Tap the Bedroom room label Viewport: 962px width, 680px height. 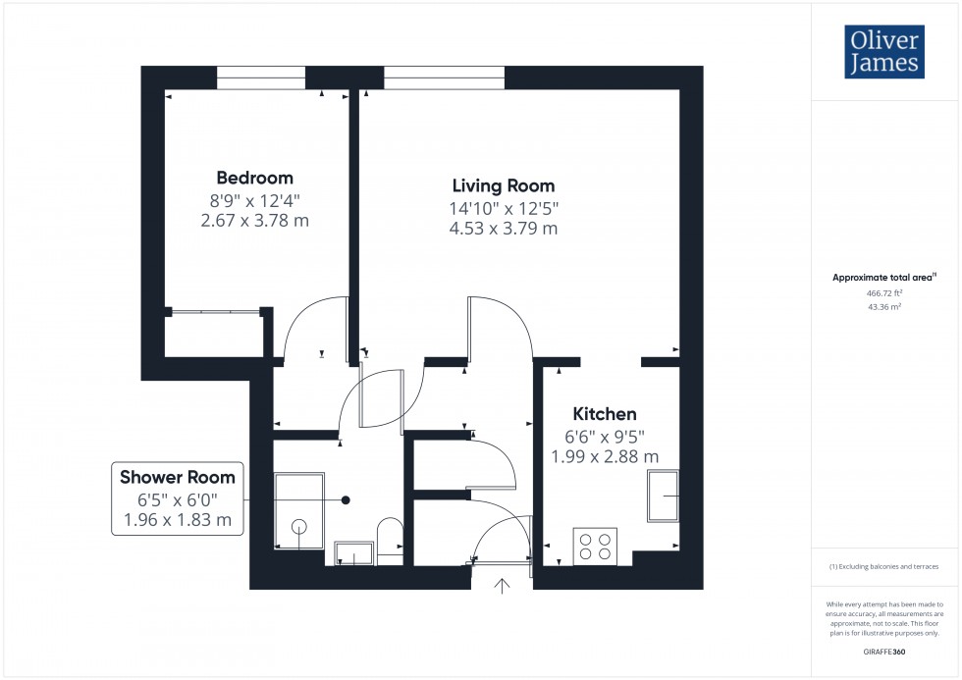point(254,178)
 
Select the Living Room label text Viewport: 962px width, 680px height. point(503,185)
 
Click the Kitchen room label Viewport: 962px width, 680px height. point(605,414)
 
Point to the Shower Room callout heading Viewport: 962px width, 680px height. point(178,478)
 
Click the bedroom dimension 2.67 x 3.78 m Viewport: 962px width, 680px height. point(254,221)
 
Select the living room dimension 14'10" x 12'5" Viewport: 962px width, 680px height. point(504,208)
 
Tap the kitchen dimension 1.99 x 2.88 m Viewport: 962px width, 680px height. point(604,456)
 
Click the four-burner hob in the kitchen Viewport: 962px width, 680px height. point(595,546)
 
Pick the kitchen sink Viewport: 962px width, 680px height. point(664,497)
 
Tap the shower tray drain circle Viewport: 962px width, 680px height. point(298,527)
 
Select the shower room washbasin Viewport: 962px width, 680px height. point(353,553)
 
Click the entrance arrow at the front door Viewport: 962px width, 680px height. point(503,586)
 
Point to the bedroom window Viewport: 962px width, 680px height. point(260,78)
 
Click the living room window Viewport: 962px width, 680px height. point(444,78)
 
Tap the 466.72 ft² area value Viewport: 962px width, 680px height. point(884,292)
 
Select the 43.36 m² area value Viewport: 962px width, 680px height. point(884,306)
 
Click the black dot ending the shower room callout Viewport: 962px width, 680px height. point(346,499)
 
